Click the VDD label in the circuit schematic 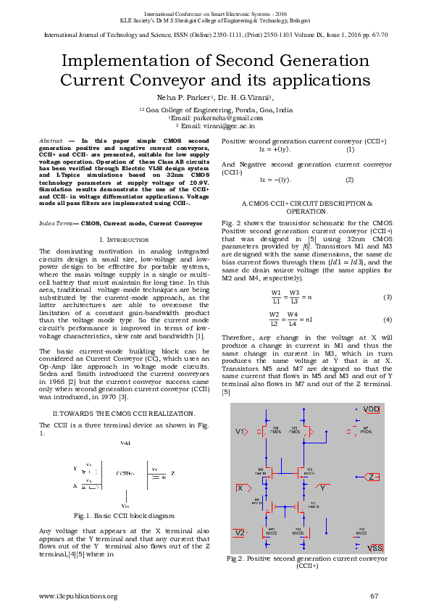point(371,409)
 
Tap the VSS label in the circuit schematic point(374,547)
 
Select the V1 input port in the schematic point(241,432)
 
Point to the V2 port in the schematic point(240,532)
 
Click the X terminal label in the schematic point(240,488)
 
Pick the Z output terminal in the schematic point(372,477)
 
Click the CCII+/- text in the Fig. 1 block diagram point(125,472)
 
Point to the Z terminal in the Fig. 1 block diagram point(172,473)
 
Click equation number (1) point(350,149)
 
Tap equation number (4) point(388,319)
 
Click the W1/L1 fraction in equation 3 point(276,297)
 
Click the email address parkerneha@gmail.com point(215,117)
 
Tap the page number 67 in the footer point(374,596)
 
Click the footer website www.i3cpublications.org point(78,596)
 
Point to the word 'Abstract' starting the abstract point(50,139)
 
